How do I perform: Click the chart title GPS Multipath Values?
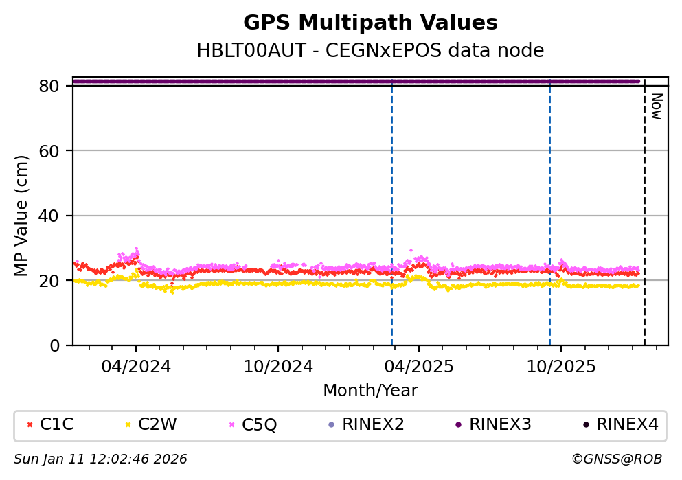point(370,23)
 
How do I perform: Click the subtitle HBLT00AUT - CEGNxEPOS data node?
point(370,51)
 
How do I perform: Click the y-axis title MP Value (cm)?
point(22,216)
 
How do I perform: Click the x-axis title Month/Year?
point(370,391)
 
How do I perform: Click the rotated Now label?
point(656,106)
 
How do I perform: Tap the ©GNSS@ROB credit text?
point(616,459)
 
